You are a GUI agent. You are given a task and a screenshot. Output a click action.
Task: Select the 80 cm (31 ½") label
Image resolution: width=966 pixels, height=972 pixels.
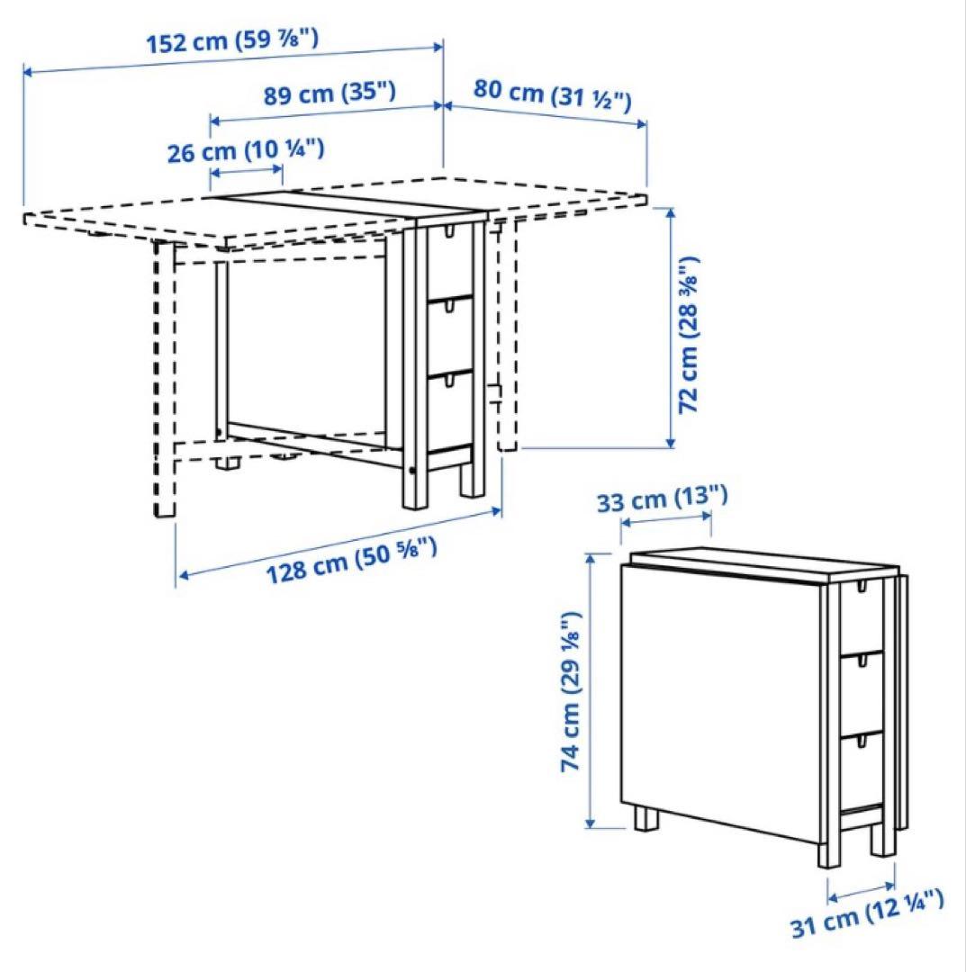point(551,94)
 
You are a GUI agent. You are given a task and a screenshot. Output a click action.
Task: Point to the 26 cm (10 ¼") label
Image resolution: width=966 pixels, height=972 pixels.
point(247,150)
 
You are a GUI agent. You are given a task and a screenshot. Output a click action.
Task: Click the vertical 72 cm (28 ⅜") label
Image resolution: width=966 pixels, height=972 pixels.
point(690,334)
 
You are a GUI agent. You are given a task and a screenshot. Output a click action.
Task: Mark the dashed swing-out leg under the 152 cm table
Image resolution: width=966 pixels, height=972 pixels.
point(164,378)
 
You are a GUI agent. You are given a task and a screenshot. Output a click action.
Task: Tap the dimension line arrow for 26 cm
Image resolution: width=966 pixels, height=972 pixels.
point(247,171)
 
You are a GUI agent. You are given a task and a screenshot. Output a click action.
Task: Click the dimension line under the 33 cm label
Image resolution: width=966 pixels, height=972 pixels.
point(666,519)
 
